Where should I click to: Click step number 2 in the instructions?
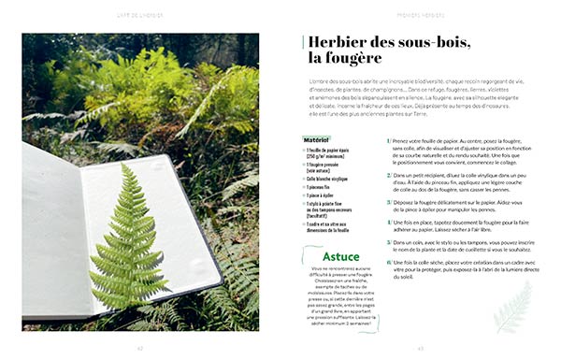pyautogui.click(x=388, y=175)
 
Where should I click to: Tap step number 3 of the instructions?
pyautogui.click(x=388, y=201)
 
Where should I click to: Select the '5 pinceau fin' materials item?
pyautogui.click(x=321, y=187)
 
